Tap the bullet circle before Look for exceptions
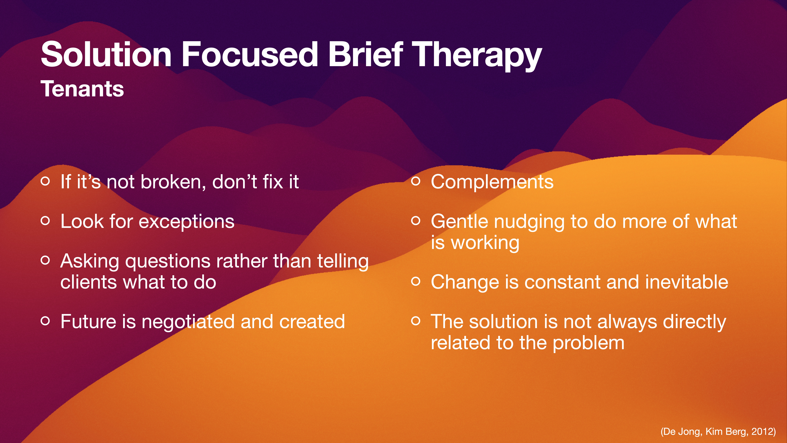point(45,221)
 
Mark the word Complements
point(492,182)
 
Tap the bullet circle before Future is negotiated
point(45,321)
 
